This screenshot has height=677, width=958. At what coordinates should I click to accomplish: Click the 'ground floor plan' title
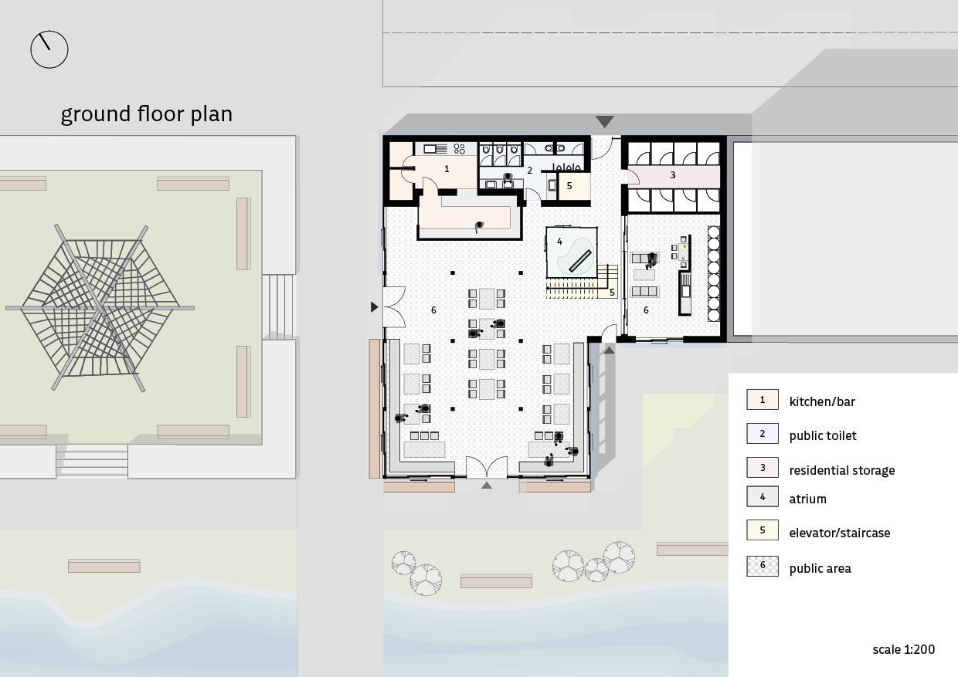147,114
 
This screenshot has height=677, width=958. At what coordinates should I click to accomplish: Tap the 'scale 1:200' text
903,650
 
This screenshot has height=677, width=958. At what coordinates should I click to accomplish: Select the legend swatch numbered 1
762,400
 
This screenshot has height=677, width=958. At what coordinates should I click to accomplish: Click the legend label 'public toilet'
823,436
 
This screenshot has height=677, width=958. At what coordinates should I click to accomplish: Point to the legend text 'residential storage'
841,470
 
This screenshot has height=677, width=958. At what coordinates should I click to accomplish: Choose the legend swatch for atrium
762,496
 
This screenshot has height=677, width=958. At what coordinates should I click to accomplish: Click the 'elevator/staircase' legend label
840,533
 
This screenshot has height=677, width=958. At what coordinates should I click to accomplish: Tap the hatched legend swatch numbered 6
762,566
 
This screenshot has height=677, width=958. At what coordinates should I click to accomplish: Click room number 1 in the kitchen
447,169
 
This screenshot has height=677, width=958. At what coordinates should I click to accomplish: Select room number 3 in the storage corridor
672,174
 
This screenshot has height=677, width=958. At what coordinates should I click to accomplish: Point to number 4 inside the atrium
559,242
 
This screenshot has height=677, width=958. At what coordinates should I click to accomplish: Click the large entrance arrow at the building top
604,121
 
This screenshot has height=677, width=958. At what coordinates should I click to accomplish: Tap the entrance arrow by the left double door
374,307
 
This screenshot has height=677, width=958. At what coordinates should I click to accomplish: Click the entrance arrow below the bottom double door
486,485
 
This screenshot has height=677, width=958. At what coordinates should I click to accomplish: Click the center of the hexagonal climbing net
101,307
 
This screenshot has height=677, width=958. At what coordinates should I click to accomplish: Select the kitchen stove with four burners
460,149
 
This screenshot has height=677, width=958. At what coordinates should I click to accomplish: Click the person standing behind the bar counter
479,226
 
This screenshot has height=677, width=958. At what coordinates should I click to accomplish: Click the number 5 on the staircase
612,293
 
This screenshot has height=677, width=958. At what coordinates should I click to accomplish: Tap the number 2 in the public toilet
529,171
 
